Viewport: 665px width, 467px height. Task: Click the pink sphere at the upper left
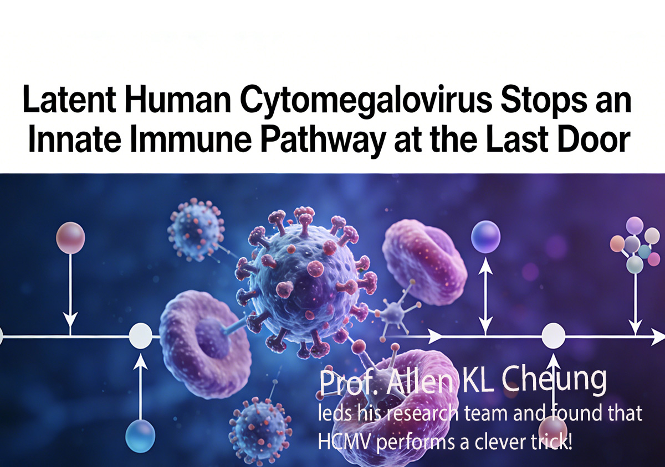point(71,237)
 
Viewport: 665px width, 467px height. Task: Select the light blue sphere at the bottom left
point(140,436)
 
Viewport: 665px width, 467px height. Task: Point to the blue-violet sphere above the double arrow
point(485,237)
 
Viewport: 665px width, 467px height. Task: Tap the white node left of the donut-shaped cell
point(141,336)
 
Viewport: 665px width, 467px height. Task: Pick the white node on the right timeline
point(554,336)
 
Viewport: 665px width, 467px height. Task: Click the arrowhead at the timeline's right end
point(658,336)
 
